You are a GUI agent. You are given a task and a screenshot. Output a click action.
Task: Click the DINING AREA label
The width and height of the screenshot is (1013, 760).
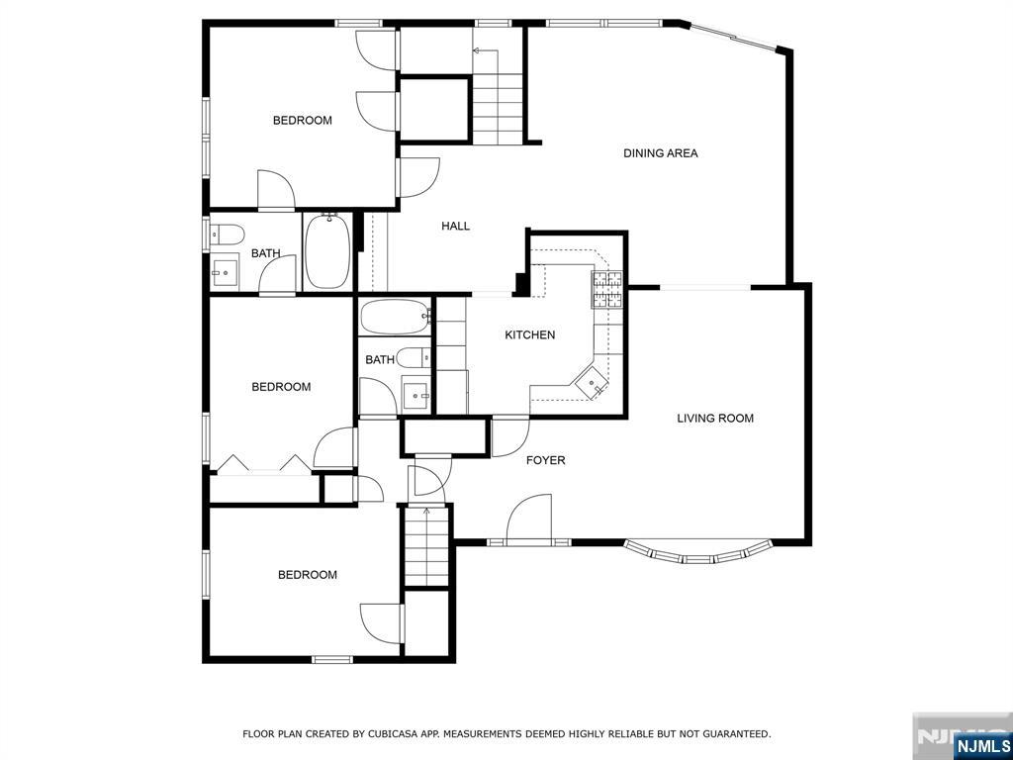(660, 153)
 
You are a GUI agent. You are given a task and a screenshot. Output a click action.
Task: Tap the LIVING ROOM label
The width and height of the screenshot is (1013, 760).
(715, 419)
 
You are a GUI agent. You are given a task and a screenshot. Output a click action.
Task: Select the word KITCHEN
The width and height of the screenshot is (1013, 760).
(530, 334)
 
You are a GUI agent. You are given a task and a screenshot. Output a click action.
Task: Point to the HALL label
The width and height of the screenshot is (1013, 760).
(455, 227)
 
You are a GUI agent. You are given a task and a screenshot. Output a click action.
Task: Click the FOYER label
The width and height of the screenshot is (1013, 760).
(546, 460)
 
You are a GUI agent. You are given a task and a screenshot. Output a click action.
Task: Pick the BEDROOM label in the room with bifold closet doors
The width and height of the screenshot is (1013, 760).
(281, 387)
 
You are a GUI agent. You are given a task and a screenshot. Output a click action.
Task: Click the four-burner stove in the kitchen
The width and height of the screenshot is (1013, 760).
(607, 290)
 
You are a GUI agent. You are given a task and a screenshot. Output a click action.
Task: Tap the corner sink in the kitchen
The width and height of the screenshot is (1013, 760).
(592, 383)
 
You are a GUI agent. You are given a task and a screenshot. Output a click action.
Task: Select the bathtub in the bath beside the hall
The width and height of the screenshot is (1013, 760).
(327, 251)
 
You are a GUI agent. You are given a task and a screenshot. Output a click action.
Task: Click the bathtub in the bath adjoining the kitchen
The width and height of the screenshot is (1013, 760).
(396, 316)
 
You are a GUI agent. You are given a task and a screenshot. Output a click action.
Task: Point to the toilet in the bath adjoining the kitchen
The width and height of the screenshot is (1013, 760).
(414, 356)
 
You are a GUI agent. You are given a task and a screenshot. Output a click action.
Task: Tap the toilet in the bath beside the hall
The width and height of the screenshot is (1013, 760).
(227, 234)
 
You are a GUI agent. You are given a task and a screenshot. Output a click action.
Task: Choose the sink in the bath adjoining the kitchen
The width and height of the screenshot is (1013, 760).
(416, 393)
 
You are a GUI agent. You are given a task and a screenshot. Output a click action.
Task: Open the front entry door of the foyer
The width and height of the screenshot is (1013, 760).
(529, 519)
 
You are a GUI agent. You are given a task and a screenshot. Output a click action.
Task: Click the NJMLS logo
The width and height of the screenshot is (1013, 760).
(981, 746)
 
